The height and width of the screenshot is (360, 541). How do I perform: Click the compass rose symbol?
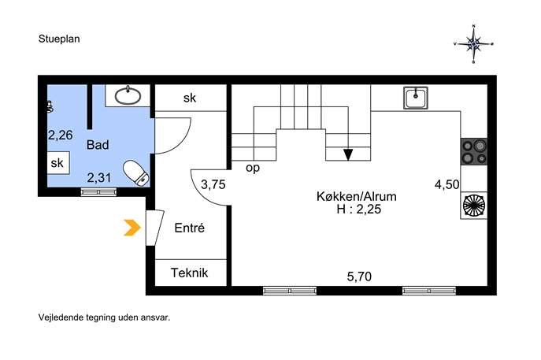click(474, 44)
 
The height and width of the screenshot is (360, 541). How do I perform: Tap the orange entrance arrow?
click(132, 228)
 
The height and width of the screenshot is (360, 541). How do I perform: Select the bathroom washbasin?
click(128, 95)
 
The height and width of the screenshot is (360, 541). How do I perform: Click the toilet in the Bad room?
click(136, 173)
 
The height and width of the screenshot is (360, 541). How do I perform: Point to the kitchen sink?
click(416, 98)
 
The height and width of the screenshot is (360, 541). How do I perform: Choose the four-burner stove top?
click(474, 151)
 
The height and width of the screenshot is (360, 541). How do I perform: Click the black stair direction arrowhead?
click(348, 154)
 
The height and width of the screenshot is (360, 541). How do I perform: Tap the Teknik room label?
click(190, 273)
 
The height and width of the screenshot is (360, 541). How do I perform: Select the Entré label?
click(190, 228)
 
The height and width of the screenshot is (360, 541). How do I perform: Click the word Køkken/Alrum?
click(357, 197)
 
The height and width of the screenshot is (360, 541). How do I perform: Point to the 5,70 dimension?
click(359, 276)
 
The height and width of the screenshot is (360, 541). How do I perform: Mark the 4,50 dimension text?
click(447, 184)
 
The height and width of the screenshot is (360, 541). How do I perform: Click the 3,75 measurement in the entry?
click(213, 184)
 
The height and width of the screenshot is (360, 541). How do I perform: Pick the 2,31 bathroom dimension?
click(99, 178)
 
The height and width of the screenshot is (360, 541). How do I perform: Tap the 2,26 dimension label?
click(61, 135)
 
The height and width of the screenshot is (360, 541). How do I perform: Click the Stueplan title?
click(59, 39)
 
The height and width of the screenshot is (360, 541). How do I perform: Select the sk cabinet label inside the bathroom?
click(57, 163)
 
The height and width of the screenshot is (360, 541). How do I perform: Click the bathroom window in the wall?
click(98, 192)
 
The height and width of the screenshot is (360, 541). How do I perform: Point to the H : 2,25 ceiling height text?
click(359, 210)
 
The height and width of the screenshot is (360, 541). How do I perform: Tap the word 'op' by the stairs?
click(253, 168)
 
